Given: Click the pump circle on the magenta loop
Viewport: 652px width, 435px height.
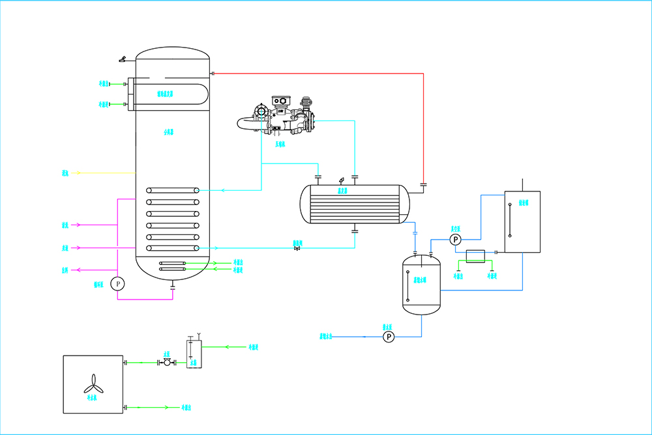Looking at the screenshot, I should point(117,283).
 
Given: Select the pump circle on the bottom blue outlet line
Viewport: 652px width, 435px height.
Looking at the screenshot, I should point(389,337).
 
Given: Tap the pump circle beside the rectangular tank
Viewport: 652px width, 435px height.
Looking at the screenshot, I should point(454,240).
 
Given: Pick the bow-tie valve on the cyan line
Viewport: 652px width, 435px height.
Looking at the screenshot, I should point(297,248).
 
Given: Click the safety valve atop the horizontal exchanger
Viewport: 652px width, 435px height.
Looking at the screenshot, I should point(342,179).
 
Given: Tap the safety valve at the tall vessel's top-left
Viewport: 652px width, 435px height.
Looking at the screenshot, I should point(123,59).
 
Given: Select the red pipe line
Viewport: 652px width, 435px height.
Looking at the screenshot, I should point(424,117).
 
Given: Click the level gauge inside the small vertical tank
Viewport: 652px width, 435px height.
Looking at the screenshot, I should point(407,283).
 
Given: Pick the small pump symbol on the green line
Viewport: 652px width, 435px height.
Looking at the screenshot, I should point(167,362).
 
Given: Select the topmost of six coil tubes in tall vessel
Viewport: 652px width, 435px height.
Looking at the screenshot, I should point(173,190).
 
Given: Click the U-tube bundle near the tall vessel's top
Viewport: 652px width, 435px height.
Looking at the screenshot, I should point(170,93).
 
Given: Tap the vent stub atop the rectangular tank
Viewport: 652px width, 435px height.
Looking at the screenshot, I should point(522,185).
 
